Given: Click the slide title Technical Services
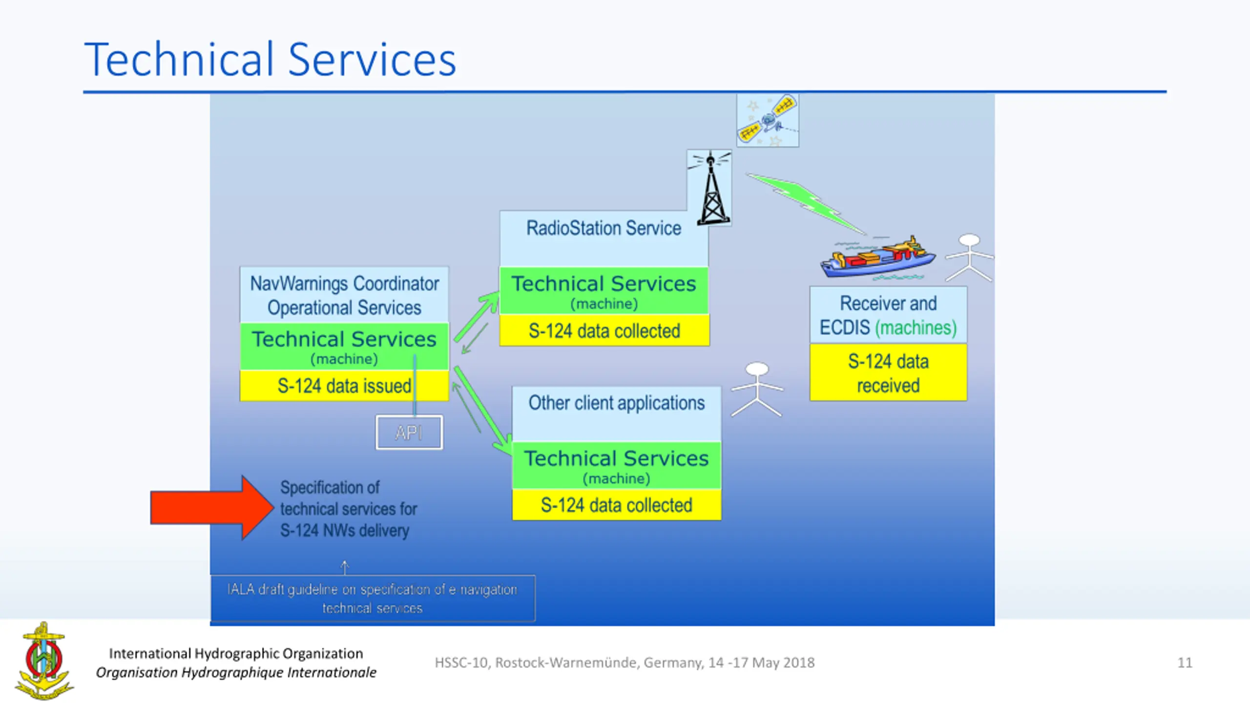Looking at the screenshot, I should (x=270, y=60).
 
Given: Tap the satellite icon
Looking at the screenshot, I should (x=767, y=120).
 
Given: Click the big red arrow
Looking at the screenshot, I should (x=211, y=508).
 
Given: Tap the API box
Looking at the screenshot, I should (x=409, y=433).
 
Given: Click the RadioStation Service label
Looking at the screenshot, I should (x=604, y=228).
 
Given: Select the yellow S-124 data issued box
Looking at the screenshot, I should (x=344, y=386).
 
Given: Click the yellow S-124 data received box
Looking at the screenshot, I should (x=888, y=373).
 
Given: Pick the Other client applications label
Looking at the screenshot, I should (x=616, y=403).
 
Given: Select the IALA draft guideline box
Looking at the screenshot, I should (x=373, y=599).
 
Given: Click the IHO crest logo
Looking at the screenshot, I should (x=44, y=660).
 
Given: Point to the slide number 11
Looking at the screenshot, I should (x=1185, y=662).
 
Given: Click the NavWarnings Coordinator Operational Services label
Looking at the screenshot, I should (x=344, y=295).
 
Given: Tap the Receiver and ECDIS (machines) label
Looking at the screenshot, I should (x=888, y=315).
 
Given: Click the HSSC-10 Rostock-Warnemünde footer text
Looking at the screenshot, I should (x=625, y=662).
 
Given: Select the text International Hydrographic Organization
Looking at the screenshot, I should (x=236, y=653).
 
